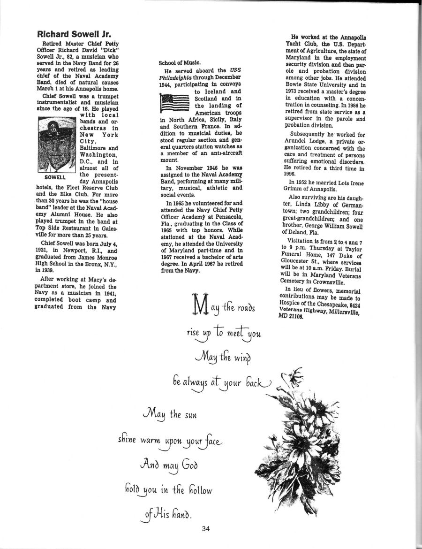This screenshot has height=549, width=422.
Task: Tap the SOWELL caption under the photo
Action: pos(52,178)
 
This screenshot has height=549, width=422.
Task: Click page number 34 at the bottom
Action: pos(205,529)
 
